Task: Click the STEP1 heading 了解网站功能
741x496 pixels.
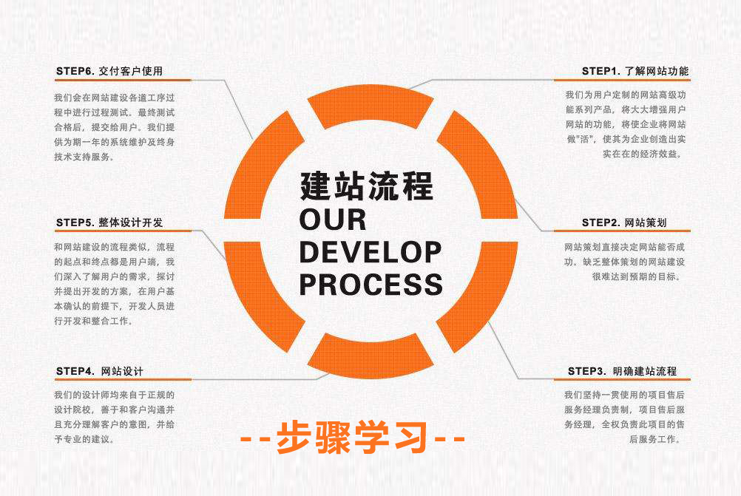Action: [x=635, y=71]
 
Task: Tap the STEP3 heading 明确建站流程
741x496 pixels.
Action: [x=622, y=370]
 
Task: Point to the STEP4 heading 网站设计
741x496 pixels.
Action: [x=100, y=370]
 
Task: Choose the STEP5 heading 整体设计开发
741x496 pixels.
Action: [x=109, y=222]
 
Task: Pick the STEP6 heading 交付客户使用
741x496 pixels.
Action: [x=109, y=71]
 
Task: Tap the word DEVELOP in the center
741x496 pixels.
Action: [x=370, y=252]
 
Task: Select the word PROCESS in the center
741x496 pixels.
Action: [x=370, y=284]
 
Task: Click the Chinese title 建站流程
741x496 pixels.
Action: [x=367, y=185]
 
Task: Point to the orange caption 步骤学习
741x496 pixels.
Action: [x=353, y=438]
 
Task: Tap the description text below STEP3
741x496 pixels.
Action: [x=626, y=417]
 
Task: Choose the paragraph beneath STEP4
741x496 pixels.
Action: [x=114, y=417]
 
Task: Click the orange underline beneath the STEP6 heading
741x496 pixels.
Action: [x=123, y=80]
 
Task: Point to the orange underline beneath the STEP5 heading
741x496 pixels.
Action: [x=123, y=231]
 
